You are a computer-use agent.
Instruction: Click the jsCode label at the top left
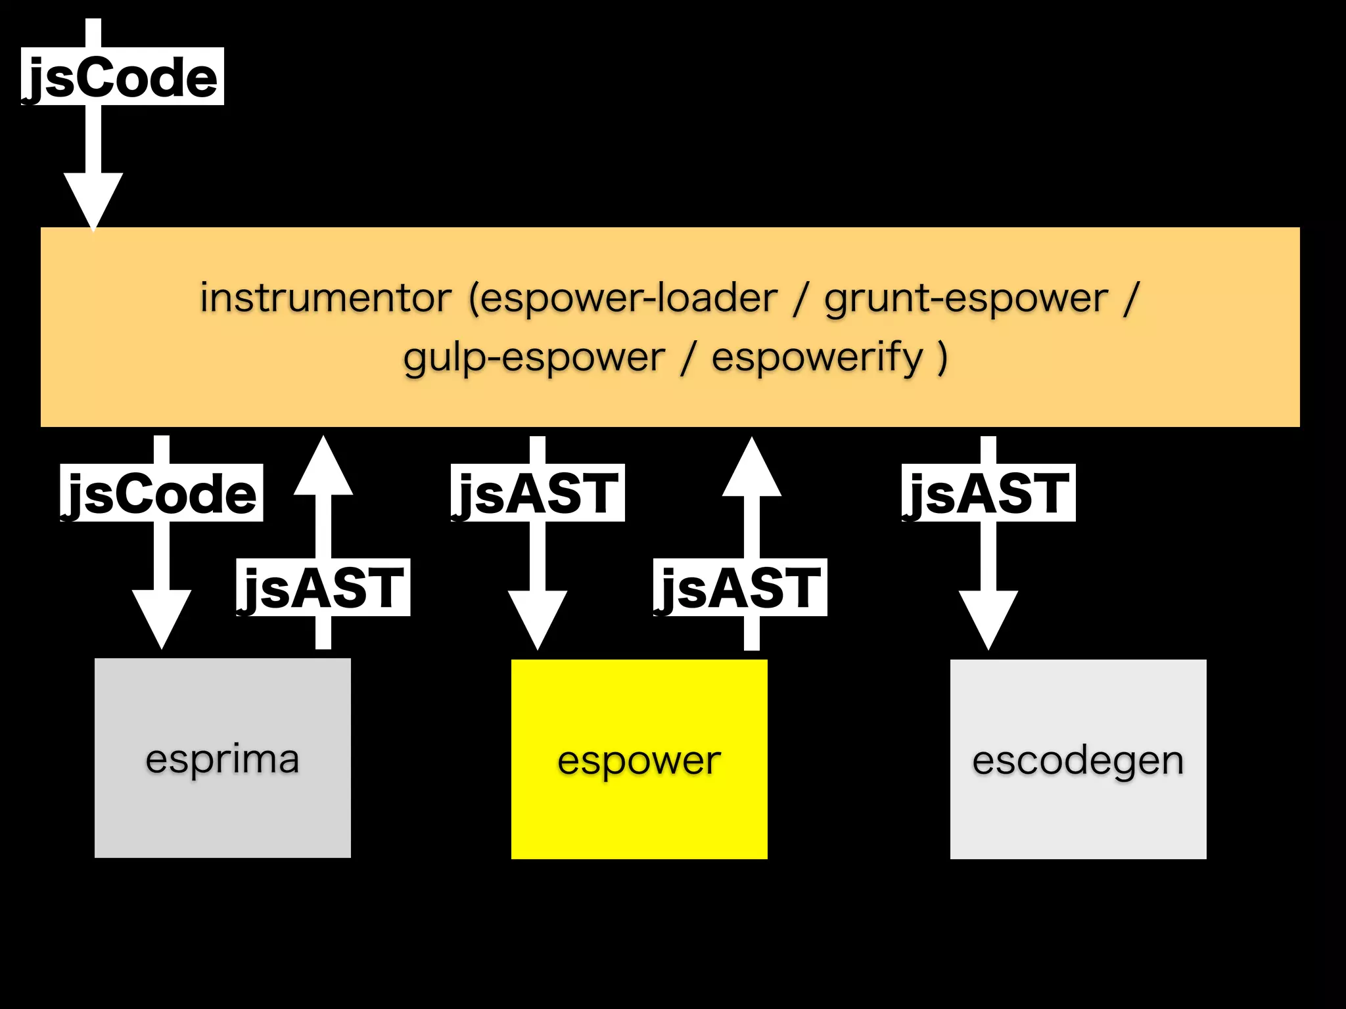(122, 77)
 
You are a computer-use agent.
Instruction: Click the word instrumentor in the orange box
(325, 298)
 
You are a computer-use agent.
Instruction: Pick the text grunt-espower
(966, 298)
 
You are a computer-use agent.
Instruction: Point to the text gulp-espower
(534, 358)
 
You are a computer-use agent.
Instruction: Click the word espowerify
(818, 358)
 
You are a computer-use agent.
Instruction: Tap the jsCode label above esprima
(161, 493)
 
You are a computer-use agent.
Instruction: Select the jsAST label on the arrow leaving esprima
(323, 587)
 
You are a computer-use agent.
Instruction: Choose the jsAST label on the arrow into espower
(538, 493)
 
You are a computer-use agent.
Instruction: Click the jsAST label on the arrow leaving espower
(740, 587)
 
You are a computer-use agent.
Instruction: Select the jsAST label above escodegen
(988, 493)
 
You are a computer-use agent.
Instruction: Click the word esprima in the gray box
(222, 759)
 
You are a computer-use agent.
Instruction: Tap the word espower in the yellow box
(639, 761)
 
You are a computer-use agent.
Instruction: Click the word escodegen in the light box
(1078, 761)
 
